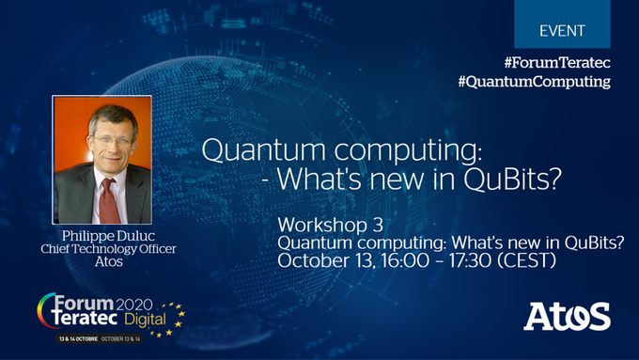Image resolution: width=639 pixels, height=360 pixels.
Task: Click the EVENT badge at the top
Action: click(x=562, y=24)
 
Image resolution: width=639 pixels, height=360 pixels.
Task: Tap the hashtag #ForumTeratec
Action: click(x=557, y=63)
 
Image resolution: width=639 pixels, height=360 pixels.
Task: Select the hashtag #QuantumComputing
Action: click(x=534, y=82)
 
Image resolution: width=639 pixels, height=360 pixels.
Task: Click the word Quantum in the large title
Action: click(x=263, y=149)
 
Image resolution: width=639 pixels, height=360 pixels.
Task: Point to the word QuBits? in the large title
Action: click(x=512, y=179)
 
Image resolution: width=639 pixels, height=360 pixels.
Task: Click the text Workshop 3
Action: click(x=331, y=225)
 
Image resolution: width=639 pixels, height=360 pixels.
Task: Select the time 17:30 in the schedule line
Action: click(x=470, y=260)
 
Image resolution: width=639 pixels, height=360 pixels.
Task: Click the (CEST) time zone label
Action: click(x=527, y=261)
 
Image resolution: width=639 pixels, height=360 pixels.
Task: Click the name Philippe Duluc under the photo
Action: click(x=108, y=236)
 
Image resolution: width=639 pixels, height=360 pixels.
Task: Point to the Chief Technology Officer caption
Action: click(x=108, y=249)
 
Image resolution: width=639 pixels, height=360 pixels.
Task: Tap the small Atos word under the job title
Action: click(x=108, y=261)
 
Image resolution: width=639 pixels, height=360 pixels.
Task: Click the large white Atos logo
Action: click(x=567, y=317)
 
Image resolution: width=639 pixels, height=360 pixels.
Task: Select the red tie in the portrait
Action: click(x=109, y=202)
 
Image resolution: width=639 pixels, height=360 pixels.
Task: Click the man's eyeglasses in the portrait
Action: click(x=111, y=141)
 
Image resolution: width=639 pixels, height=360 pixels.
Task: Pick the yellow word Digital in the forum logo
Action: click(x=145, y=320)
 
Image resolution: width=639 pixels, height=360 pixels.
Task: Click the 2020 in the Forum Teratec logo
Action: click(x=134, y=305)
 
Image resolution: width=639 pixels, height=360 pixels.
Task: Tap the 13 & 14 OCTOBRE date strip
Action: click(x=100, y=338)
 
